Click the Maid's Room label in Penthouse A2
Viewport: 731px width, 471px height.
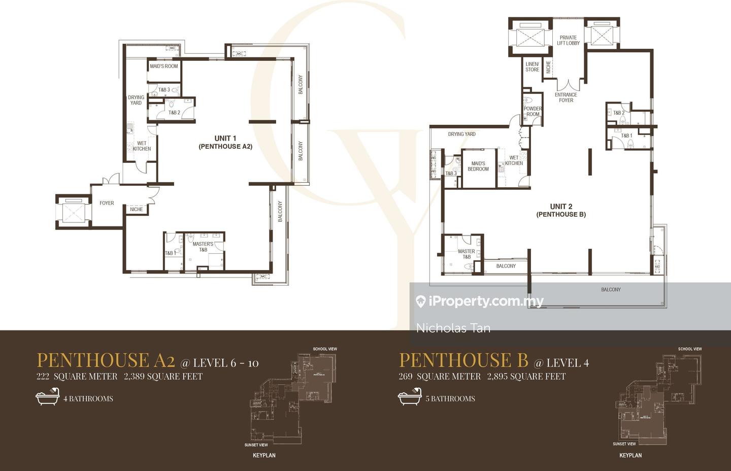tap(164, 66)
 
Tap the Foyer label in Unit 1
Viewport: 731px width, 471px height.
tap(107, 203)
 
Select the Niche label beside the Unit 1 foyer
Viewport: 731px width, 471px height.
tap(136, 209)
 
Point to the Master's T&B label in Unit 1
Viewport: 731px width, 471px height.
tap(203, 247)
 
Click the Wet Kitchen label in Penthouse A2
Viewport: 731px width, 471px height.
tap(142, 146)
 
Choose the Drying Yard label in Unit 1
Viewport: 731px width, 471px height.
tap(136, 100)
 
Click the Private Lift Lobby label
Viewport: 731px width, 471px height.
tap(568, 40)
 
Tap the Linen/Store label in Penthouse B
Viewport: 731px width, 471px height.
tap(532, 67)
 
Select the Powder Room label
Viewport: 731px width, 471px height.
tap(533, 111)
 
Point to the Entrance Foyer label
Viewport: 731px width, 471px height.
tap(566, 97)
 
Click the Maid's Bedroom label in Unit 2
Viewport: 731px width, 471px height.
tap(478, 166)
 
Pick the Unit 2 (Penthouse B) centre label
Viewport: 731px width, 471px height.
tap(561, 210)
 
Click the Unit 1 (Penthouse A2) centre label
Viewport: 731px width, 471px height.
tap(225, 142)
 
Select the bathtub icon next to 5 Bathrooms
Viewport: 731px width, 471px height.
tap(409, 397)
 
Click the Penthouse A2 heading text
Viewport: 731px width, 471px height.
tap(106, 360)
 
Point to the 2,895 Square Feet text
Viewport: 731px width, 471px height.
tap(526, 376)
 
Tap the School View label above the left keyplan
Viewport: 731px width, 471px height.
tap(325, 349)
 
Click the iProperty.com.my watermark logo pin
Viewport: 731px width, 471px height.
tap(420, 301)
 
